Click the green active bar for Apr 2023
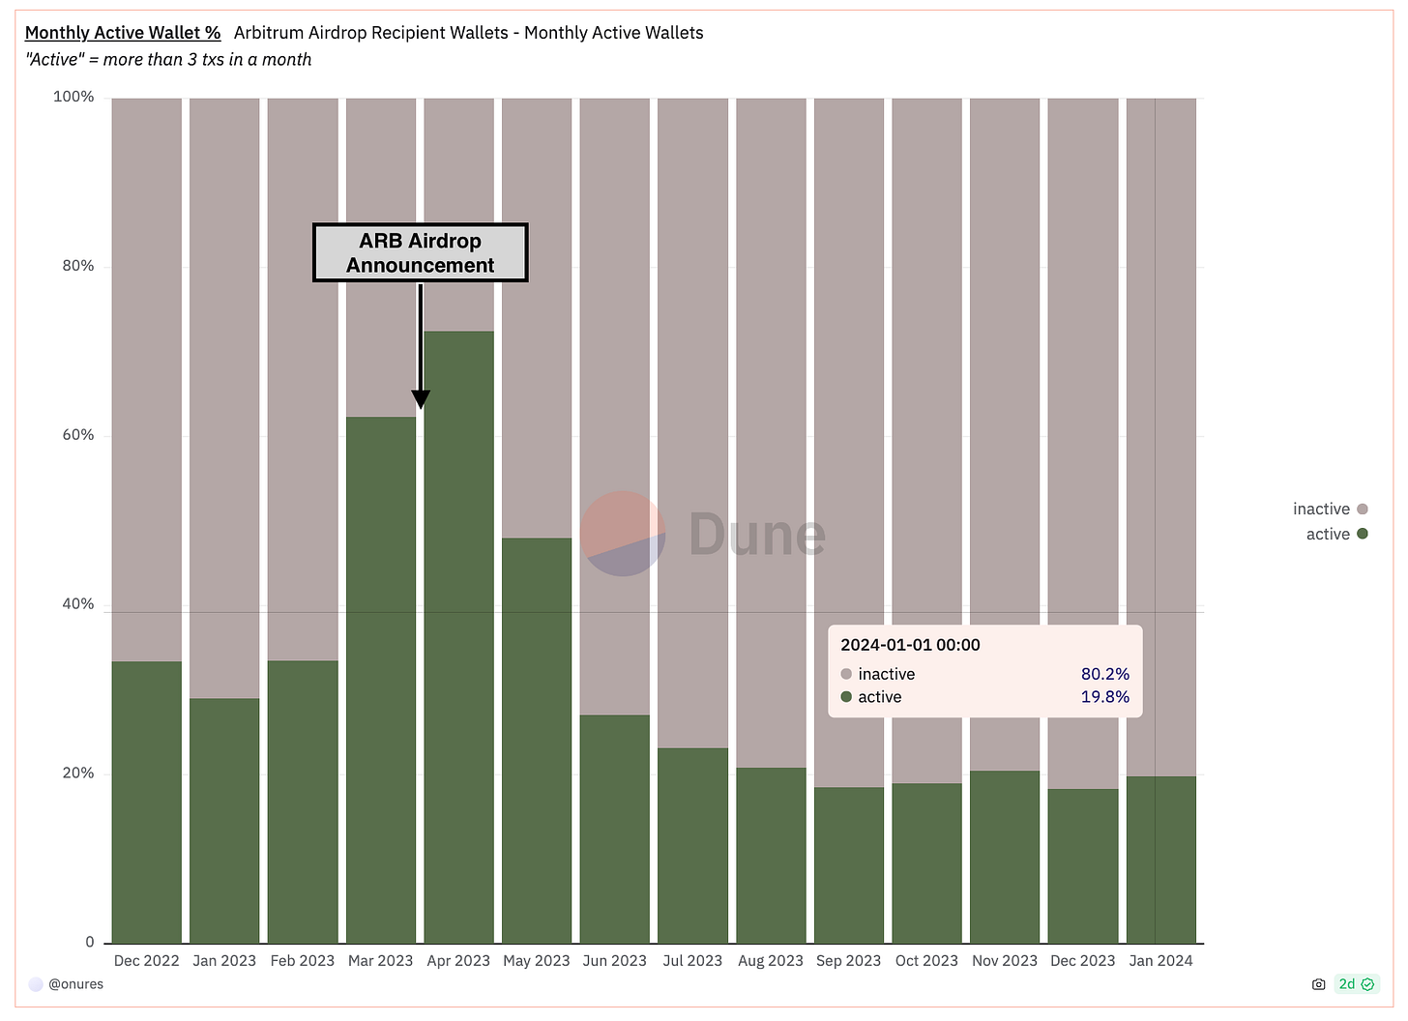click(x=458, y=638)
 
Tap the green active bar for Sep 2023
click(x=849, y=865)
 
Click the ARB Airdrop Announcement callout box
click(x=421, y=253)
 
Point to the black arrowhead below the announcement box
click(x=421, y=398)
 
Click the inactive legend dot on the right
click(x=1363, y=509)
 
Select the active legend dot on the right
click(x=1363, y=534)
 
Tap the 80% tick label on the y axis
click(x=78, y=266)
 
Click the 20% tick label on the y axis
click(x=78, y=773)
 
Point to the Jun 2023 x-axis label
click(x=615, y=960)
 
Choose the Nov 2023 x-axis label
click(x=1005, y=960)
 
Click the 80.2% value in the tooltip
click(x=1104, y=674)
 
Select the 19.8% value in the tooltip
click(x=1104, y=697)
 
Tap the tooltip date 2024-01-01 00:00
click(x=910, y=645)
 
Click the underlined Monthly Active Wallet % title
click(x=123, y=33)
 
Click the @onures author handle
click(x=75, y=984)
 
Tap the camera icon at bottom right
click(x=1318, y=984)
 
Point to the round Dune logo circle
click(x=623, y=534)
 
